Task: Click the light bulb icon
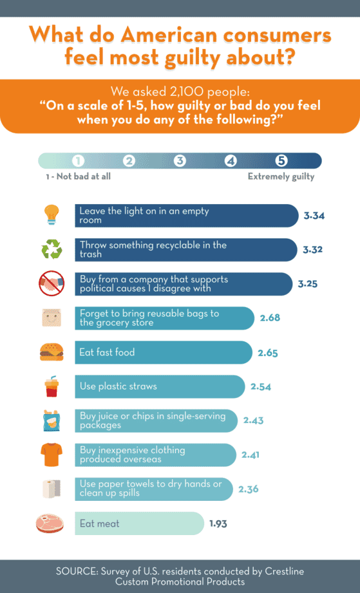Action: [x=51, y=215]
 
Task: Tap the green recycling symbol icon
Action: [x=51, y=249]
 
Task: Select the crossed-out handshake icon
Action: [x=51, y=284]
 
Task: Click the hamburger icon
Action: [x=51, y=352]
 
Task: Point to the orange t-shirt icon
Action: [x=51, y=455]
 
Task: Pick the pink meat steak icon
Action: [x=50, y=523]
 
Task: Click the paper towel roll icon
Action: [x=51, y=489]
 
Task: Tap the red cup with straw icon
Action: [x=51, y=387]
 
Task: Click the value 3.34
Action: [x=314, y=215]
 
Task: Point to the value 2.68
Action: [x=270, y=318]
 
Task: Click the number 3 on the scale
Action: [x=180, y=161]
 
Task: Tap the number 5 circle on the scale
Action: [x=281, y=161]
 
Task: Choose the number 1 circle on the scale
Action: [x=78, y=161]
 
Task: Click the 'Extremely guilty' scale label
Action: [x=281, y=176]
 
